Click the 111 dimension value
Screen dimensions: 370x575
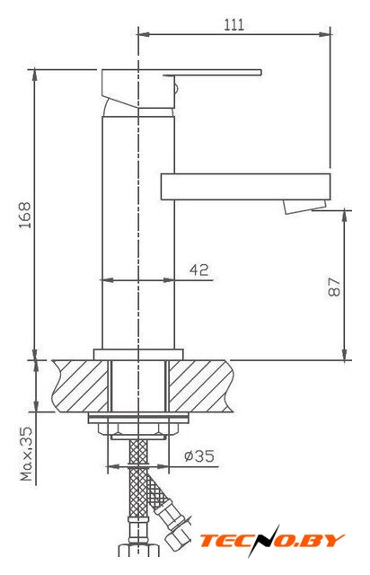(233, 24)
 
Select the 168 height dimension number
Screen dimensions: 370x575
(25, 216)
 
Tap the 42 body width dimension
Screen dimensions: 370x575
(199, 270)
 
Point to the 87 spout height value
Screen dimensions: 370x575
(334, 287)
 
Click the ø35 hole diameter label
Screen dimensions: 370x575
(199, 456)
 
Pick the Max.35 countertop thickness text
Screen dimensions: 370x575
(26, 454)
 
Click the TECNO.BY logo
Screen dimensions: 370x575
(272, 541)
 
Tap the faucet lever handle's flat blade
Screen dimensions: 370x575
(213, 72)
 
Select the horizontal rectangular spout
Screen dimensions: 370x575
(245, 187)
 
